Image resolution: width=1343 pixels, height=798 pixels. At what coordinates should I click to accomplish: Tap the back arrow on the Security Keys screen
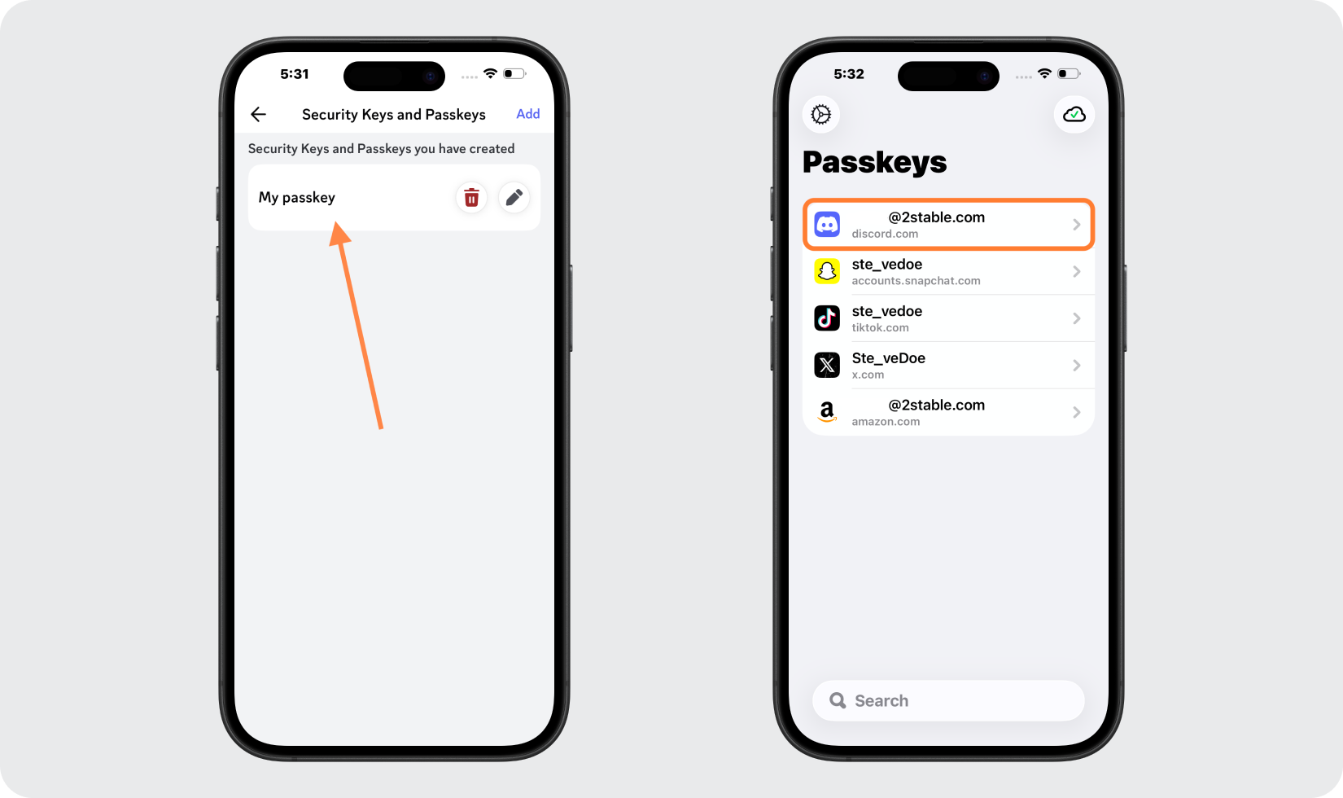pos(259,115)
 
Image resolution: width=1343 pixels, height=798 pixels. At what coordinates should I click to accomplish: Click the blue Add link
pos(527,114)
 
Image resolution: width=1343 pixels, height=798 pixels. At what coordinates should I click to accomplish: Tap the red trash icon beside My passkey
pos(471,198)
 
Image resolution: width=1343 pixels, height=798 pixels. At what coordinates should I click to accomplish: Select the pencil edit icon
pos(514,198)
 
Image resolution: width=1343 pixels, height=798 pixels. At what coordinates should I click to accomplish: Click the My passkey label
pos(297,197)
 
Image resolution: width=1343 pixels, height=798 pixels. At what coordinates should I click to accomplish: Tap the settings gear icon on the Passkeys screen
pos(821,115)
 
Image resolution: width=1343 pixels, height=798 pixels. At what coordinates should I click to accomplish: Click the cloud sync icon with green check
pos(1074,115)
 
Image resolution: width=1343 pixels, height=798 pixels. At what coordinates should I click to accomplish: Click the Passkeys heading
pos(875,162)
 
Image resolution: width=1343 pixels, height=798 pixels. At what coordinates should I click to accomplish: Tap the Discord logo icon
pos(827,225)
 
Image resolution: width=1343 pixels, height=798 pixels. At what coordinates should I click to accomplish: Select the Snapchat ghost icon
pos(827,271)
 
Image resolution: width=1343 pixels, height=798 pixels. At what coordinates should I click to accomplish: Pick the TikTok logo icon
pos(827,318)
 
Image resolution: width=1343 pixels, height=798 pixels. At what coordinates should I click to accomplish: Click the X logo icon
pos(827,366)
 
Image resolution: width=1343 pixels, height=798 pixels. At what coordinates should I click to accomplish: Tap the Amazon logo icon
pos(827,412)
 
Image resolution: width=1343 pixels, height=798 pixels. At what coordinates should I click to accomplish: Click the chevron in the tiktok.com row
pos(1076,318)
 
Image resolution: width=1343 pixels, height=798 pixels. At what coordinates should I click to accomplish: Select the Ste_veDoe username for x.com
pos(889,358)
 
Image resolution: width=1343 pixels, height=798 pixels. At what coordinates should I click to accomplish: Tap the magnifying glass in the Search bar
pos(838,700)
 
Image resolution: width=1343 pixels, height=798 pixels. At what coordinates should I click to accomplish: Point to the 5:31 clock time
pos(295,74)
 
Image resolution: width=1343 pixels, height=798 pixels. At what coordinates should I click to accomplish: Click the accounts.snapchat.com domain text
pos(916,281)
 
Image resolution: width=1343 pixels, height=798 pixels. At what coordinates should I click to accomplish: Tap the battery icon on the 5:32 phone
pos(1068,74)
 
